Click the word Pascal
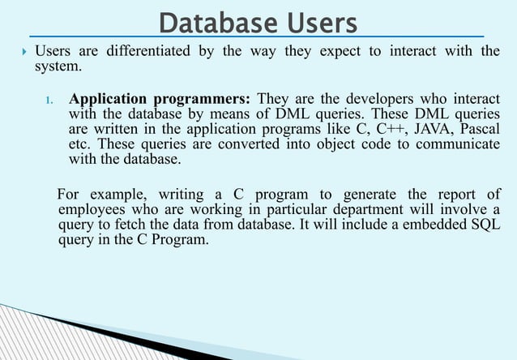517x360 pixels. (x=479, y=130)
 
